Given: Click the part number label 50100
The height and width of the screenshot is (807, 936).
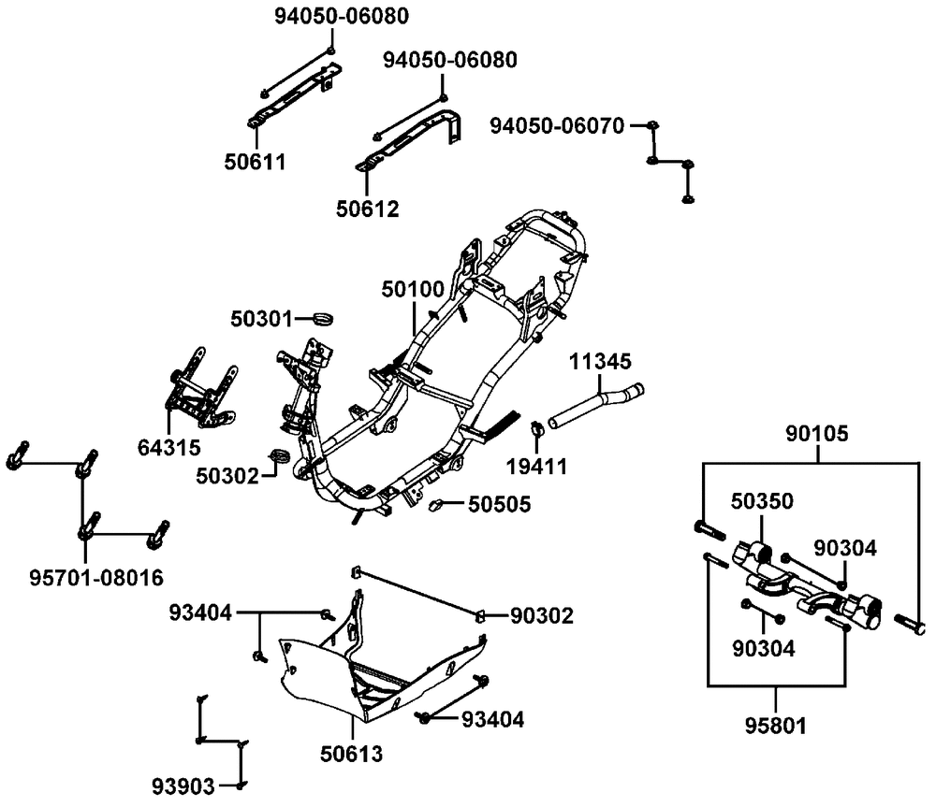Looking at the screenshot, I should [x=412, y=290].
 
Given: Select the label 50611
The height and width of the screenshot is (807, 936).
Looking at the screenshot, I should [x=254, y=162].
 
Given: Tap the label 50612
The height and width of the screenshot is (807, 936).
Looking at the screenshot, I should [x=367, y=209].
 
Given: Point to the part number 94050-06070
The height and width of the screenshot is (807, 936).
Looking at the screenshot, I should [x=557, y=125].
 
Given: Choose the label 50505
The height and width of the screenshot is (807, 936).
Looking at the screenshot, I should [x=499, y=505].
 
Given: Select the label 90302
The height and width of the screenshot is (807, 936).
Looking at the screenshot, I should [x=542, y=615].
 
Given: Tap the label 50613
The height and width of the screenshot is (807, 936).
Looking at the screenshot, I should [x=351, y=751].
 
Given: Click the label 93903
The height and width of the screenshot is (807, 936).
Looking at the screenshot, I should [x=183, y=785].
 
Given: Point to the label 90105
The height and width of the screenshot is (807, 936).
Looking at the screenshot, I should [x=816, y=435].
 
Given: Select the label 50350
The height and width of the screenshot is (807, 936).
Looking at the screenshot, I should [x=763, y=501].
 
